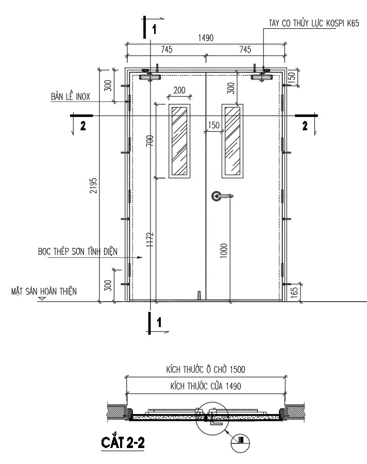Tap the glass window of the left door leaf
(179, 141)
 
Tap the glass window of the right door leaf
(232, 141)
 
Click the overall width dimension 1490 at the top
(206, 38)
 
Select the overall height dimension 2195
(93, 185)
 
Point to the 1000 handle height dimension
(224, 251)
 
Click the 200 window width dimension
(179, 90)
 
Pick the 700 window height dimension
(150, 141)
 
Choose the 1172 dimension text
(150, 239)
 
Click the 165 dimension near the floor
(294, 292)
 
